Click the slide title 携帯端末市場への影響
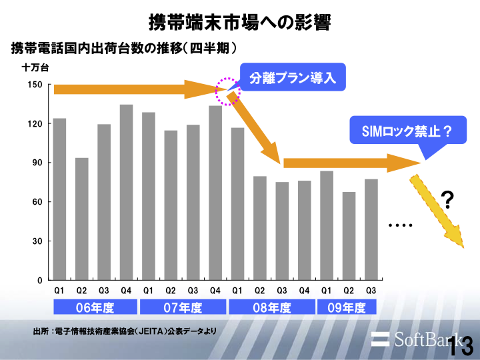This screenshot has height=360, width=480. click(239, 22)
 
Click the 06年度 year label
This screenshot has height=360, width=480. click(94, 307)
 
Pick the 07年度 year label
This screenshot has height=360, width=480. click(183, 307)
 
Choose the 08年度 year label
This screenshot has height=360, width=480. click(271, 307)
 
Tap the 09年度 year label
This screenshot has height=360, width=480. click(347, 307)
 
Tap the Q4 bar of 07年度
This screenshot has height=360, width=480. click(215, 193)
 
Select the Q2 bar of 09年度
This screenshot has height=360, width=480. click(349, 236)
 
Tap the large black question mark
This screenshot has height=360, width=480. click(449, 198)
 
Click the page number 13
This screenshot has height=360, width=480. click(461, 346)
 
